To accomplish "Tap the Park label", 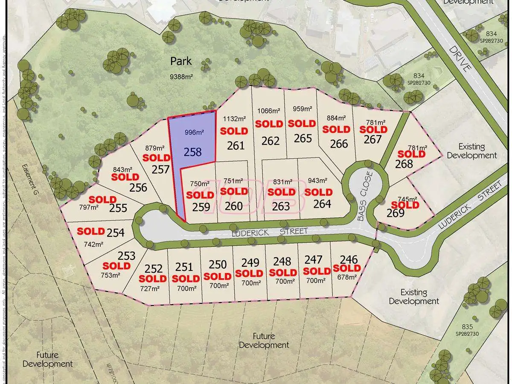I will pos(181,61).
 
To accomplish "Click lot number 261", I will pos(236,145).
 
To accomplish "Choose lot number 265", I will pos(303,138).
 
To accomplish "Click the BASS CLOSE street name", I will pos(365,196).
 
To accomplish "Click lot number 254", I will pos(116,233).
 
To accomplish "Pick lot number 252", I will pos(154,269).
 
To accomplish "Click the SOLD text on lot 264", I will pos(318,192).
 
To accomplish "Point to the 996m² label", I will pos(195,133).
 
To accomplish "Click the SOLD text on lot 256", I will pos(125,177).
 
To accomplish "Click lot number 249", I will pos(250,262).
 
